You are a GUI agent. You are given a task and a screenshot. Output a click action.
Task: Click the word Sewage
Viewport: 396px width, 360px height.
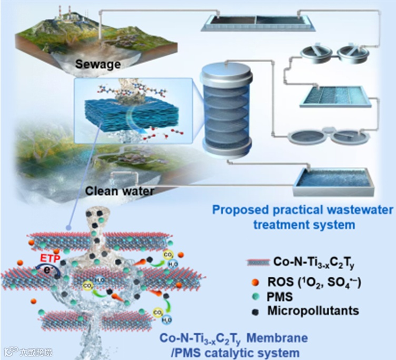click(97, 65)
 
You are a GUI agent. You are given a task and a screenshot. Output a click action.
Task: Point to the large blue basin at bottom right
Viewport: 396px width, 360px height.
click(333, 179)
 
